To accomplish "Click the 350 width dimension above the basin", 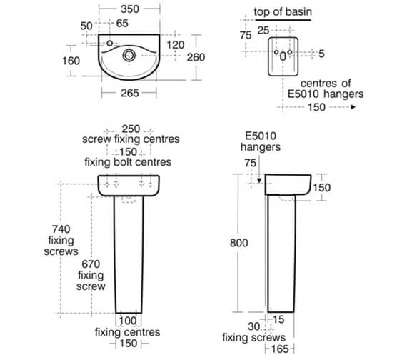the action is click(130, 9).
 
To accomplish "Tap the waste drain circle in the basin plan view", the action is click(129, 55).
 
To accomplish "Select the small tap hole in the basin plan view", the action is click(110, 43).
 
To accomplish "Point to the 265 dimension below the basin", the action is click(130, 93).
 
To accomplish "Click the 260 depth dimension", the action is click(196, 57).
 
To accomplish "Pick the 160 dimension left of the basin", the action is click(71, 61).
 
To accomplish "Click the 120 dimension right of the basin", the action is click(176, 45).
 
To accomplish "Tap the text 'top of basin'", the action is click(283, 12).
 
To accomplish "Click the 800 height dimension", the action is click(238, 243).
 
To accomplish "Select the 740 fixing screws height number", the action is click(61, 229).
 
